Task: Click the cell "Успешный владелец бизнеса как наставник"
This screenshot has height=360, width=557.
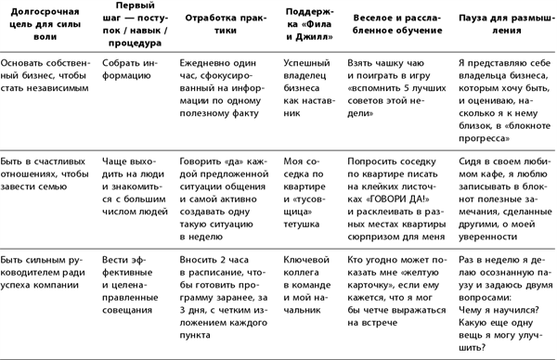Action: tap(307, 85)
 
